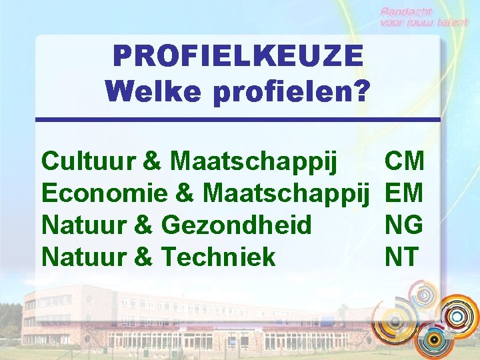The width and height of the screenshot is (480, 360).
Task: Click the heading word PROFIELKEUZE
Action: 238,55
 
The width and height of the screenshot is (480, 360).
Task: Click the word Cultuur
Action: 89,161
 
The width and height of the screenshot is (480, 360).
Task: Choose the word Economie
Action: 104,193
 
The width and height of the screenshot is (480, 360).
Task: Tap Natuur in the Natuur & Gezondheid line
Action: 85,225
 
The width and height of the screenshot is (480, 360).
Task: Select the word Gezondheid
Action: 237,225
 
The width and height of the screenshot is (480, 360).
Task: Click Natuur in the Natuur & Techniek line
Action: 85,257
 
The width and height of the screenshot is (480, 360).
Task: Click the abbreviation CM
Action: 404,161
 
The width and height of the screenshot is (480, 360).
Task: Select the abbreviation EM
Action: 404,193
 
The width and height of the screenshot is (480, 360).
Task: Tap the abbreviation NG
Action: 404,225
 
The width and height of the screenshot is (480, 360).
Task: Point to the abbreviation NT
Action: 401,257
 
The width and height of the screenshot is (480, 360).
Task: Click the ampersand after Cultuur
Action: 152,161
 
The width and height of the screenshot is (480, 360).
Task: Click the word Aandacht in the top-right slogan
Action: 407,11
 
